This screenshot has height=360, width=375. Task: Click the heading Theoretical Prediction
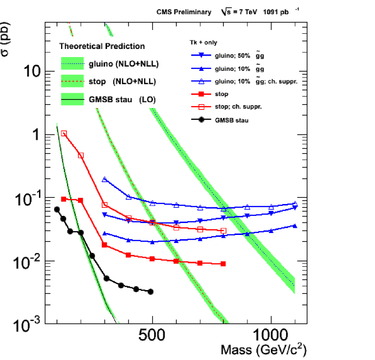click(102, 47)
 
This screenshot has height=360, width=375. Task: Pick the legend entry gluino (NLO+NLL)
click(123, 63)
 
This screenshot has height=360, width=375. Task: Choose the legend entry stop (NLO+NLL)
click(122, 82)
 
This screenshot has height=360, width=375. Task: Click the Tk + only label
click(198, 43)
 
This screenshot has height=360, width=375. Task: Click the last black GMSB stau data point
click(151, 292)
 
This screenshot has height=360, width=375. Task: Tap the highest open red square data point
click(64, 134)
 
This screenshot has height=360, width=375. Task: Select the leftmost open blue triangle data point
click(105, 179)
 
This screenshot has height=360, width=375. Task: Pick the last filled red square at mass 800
click(223, 263)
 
